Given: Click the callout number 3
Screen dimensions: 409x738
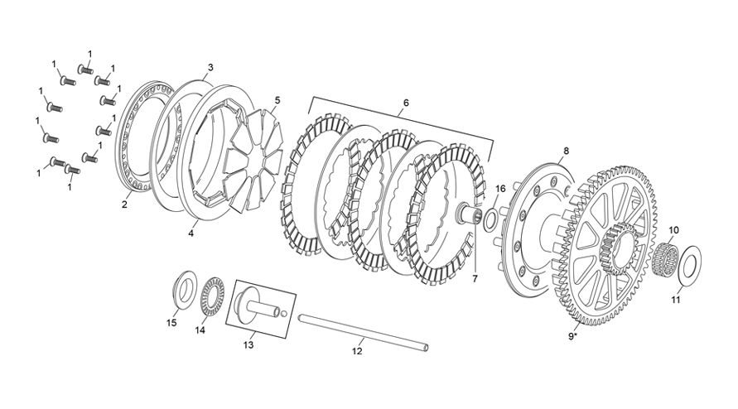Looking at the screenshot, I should click(210, 67).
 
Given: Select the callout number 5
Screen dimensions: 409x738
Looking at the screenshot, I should click(277, 100).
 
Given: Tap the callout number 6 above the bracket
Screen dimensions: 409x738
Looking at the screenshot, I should click(406, 103).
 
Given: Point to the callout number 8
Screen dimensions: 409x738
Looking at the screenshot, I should click(567, 151).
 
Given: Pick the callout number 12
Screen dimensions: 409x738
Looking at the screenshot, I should click(357, 350).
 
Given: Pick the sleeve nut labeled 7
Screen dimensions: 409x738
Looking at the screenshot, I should click(470, 217).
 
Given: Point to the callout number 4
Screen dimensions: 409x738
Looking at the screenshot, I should click(191, 233).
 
